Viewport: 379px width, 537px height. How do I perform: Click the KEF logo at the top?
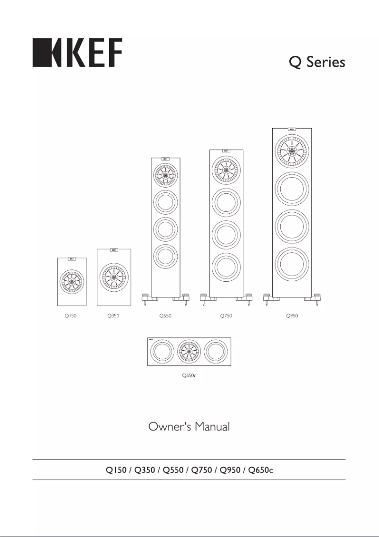[77, 53]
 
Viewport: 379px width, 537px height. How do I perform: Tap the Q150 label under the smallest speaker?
[71, 316]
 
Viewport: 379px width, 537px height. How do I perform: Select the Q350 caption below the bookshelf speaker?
[113, 316]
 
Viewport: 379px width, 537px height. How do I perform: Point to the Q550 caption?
[165, 316]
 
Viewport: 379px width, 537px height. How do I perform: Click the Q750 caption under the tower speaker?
[226, 316]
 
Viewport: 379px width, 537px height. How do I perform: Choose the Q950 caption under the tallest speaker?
[292, 316]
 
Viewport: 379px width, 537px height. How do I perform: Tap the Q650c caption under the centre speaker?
[189, 375]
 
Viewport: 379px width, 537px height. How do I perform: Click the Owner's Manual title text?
[189, 427]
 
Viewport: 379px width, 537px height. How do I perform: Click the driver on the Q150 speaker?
[71, 282]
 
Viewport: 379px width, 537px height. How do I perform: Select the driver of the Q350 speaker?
[114, 278]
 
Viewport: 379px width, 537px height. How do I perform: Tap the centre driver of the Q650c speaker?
[189, 352]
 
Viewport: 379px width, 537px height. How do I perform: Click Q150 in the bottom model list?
[115, 470]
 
